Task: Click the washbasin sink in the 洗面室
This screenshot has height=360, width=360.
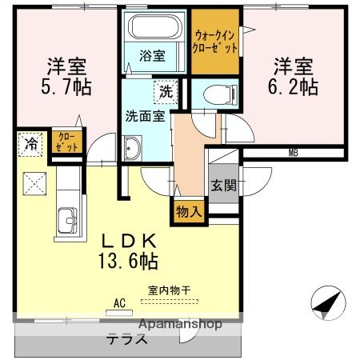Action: coord(133,148)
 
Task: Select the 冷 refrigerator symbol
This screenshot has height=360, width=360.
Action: coord(30,146)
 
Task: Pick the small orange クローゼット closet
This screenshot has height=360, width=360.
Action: coord(63,144)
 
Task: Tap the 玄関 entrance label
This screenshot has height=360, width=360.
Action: coord(223,186)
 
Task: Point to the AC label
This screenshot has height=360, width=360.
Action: coord(120,303)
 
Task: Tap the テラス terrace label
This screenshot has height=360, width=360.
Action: coord(128,339)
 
